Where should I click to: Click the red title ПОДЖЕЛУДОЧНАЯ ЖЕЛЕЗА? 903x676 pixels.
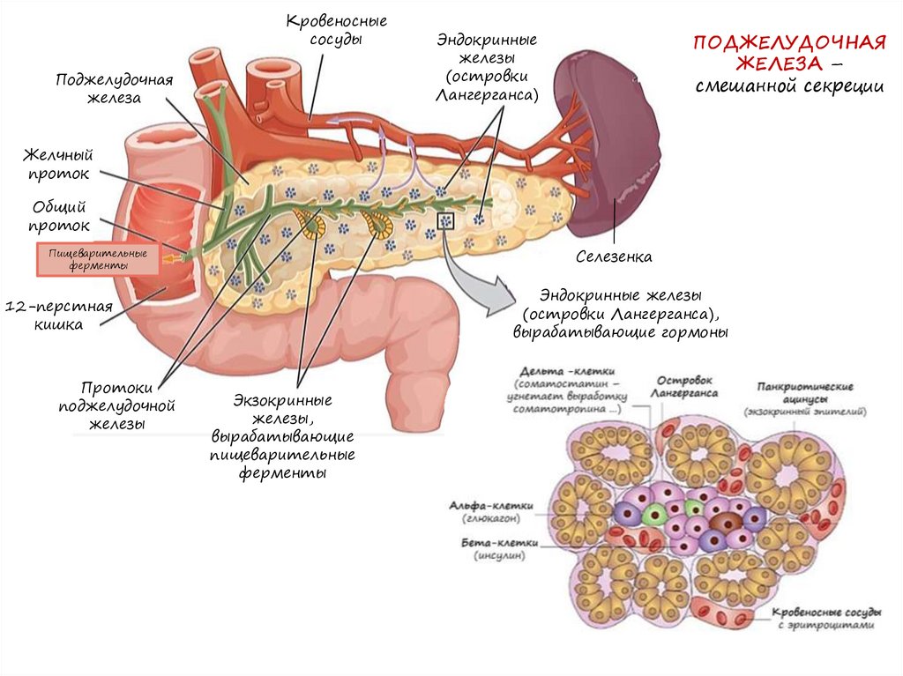787,53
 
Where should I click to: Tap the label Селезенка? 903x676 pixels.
614,257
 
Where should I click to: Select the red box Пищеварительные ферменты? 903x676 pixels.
97,259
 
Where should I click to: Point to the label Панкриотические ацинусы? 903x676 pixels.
804,392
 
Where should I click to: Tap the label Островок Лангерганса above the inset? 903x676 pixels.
686,386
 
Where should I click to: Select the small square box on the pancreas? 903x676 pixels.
445,220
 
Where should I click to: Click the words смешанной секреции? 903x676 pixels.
787,86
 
